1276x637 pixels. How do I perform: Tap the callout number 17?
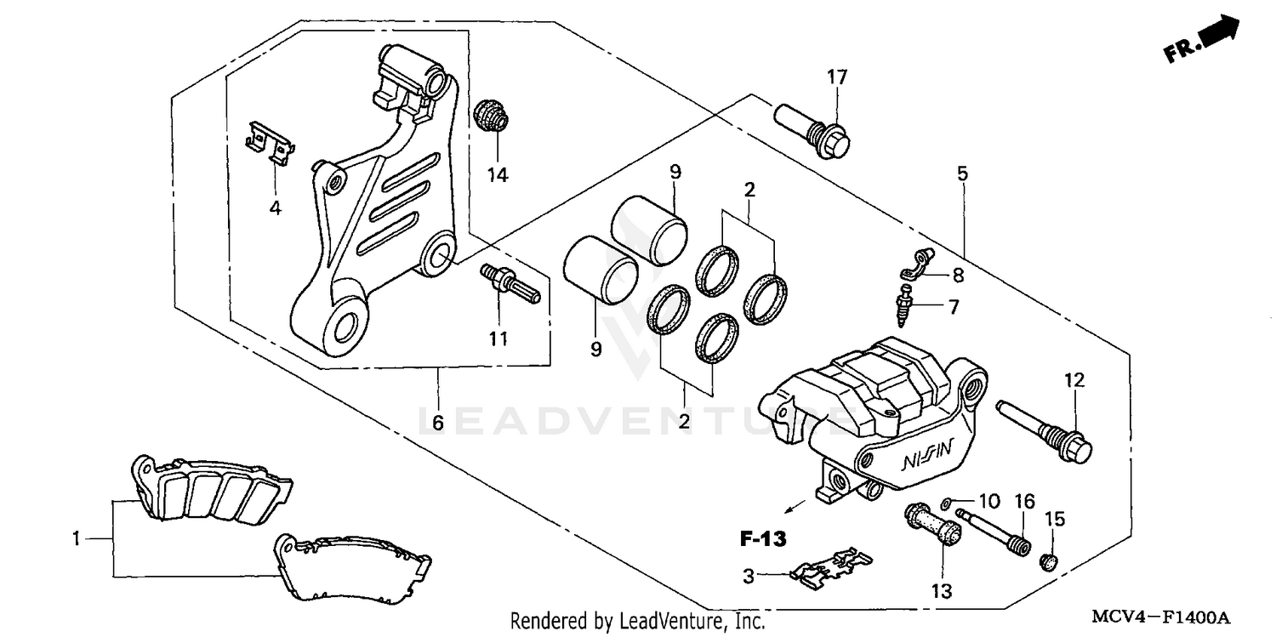pos(837,77)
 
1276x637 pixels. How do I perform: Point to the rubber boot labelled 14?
pos(489,115)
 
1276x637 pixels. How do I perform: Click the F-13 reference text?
pos(762,538)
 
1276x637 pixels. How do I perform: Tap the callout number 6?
pos(438,423)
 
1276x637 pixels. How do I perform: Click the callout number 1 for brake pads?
pos(77,538)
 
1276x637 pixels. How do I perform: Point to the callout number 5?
pos(962,173)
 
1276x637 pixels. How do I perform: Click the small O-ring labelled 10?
pos(948,503)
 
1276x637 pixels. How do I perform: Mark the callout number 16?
pos(1023,502)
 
